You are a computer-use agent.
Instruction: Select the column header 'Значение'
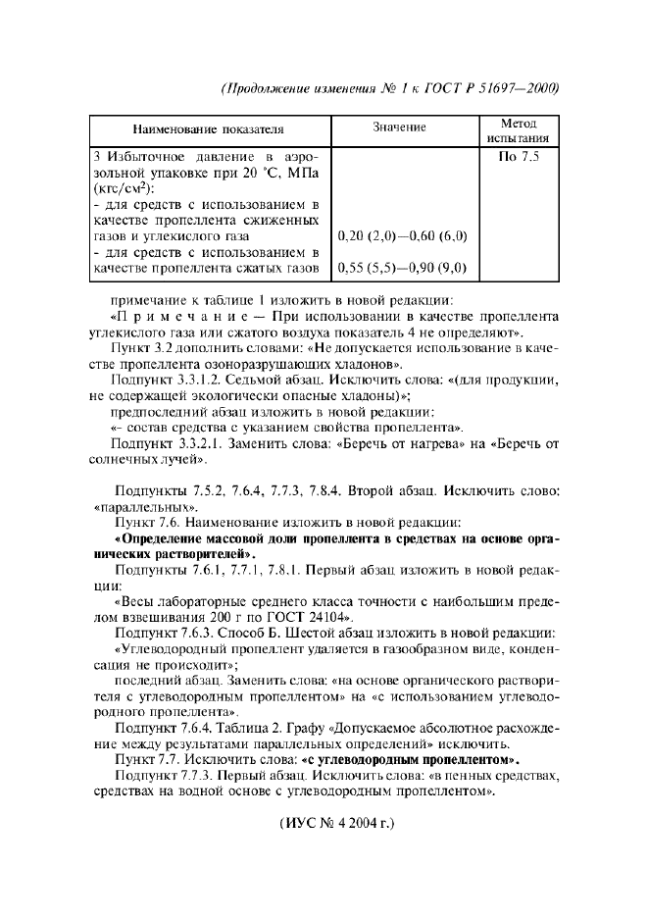[x=399, y=127]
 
